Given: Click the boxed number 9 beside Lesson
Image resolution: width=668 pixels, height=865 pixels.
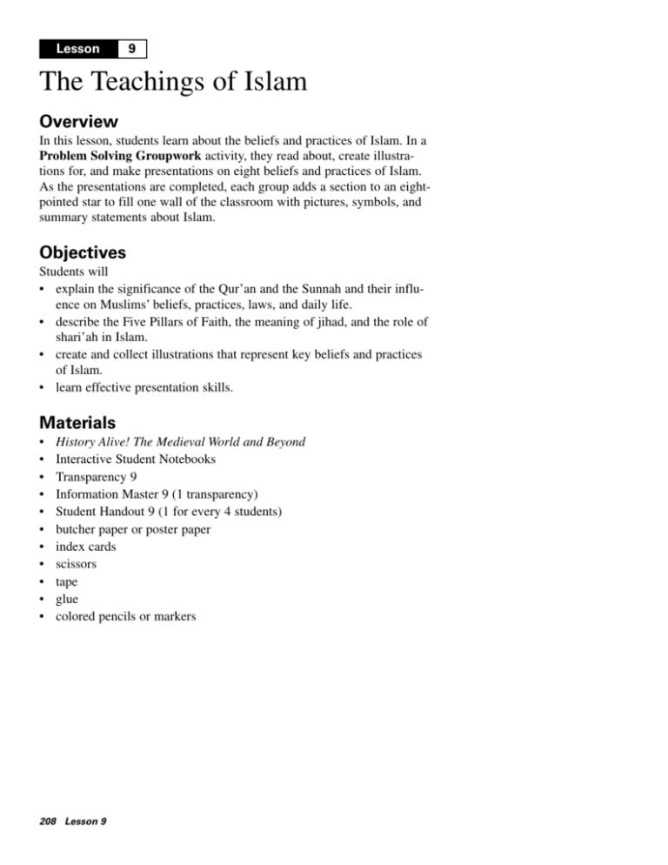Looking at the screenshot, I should [x=130, y=50].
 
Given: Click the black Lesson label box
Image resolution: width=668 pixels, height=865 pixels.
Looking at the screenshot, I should [x=78, y=50].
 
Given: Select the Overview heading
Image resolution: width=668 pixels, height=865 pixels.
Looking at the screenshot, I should [x=78, y=120].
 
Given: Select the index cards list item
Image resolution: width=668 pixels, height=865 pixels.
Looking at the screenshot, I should [x=85, y=546].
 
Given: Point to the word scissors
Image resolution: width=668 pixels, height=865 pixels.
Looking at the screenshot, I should [x=76, y=564].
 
